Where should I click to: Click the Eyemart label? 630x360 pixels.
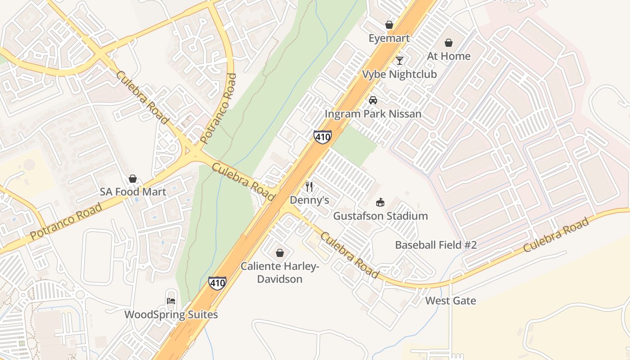(389, 38)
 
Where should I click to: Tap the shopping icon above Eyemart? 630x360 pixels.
(389, 25)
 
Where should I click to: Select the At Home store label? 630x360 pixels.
(448, 56)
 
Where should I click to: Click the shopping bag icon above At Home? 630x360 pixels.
(448, 43)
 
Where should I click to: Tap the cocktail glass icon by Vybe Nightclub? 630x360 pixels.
(399, 60)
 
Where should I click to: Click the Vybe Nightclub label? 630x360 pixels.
(399, 74)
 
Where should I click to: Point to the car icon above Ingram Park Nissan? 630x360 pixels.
(373, 100)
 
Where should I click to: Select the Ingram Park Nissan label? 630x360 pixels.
(373, 113)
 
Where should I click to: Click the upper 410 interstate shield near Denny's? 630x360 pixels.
(323, 136)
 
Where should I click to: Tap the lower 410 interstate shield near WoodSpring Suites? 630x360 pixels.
(217, 283)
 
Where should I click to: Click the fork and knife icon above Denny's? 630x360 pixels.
(309, 186)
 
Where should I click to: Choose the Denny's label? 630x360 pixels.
(309, 200)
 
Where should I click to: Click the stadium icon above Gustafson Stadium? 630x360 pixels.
(380, 202)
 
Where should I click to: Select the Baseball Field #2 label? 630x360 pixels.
(436, 245)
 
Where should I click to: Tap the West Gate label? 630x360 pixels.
(450, 301)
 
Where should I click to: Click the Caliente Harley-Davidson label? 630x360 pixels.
(279, 272)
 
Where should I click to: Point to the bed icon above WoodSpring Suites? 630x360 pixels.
(171, 301)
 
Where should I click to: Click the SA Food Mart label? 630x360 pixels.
(133, 192)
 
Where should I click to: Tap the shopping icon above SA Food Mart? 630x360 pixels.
(133, 179)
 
